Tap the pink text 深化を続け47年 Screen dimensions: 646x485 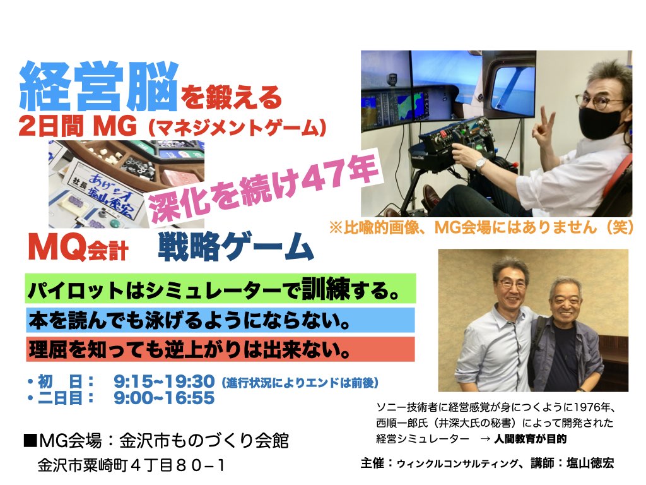(x=264, y=188)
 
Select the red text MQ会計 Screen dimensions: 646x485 (x=78, y=248)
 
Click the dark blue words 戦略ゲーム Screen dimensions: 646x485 (x=236, y=247)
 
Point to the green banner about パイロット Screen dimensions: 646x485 (x=220, y=289)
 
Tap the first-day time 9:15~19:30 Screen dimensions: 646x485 (x=165, y=381)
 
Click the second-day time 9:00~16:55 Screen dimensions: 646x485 (x=165, y=398)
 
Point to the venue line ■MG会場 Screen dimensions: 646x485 (x=156, y=440)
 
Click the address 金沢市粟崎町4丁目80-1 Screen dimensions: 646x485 (x=131, y=465)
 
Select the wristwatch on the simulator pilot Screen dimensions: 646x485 (x=479, y=164)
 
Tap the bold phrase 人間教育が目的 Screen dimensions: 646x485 (x=530, y=439)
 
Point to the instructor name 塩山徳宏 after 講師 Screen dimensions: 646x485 (x=590, y=463)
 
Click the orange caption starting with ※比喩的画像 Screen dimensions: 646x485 (x=481, y=227)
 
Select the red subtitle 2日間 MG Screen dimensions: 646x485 (x=78, y=126)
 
